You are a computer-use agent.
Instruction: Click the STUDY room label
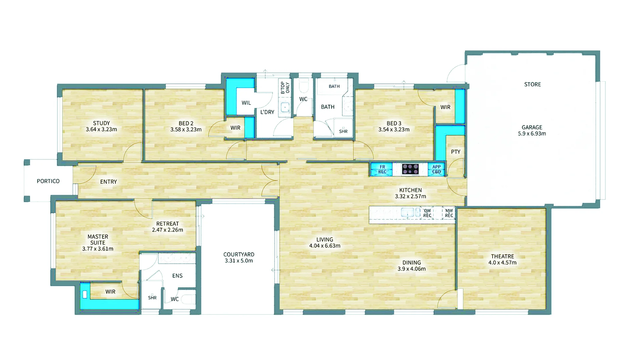point(101,123)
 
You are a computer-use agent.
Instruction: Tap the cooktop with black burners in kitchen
point(410,169)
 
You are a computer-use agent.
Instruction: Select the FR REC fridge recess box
point(382,169)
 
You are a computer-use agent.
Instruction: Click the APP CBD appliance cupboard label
point(436,169)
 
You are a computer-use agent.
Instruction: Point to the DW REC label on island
point(427,213)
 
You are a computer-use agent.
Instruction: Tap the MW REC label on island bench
point(449,213)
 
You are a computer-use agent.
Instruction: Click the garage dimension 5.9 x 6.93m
point(532,134)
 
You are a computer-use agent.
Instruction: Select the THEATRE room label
point(502,256)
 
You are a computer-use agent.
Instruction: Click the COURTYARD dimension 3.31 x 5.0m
point(238,261)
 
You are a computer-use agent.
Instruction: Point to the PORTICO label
point(48,181)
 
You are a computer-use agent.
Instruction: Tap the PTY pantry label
point(455,152)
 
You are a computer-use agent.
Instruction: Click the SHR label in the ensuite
point(152,298)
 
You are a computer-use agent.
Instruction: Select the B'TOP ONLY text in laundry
point(285,88)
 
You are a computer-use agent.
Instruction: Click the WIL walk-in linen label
point(246,103)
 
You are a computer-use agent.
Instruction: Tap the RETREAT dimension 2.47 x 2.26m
point(167,230)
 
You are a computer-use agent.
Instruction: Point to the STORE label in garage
point(532,84)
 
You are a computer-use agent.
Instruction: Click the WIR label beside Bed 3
point(445,107)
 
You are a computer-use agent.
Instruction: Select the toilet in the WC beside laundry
point(303,86)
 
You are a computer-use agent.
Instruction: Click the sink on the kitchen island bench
point(407,212)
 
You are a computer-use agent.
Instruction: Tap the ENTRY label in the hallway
point(108,182)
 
